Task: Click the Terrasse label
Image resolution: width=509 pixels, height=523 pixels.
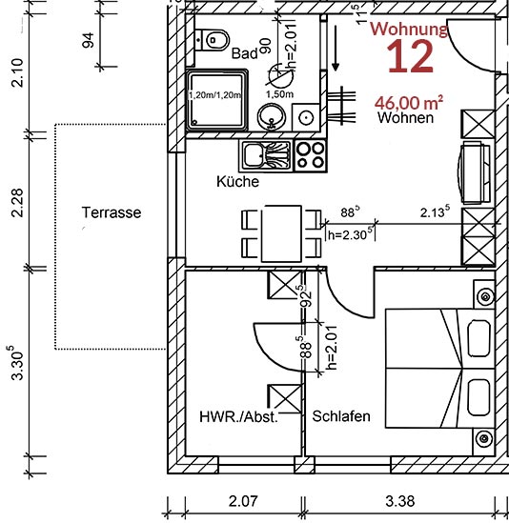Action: (111, 212)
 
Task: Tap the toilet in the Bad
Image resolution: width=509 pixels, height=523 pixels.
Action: (215, 40)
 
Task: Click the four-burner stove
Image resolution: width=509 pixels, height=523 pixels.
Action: (310, 153)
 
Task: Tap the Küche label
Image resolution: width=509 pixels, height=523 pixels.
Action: (236, 181)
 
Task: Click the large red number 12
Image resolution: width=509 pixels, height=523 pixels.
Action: (410, 59)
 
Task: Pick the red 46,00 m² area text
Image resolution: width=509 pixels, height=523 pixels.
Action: (410, 102)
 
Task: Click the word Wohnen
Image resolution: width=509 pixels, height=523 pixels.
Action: (405, 118)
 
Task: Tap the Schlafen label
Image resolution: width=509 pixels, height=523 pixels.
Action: (341, 417)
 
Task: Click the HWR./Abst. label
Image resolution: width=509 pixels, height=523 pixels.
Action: (238, 417)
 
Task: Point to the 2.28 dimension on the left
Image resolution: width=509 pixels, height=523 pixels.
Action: (13, 206)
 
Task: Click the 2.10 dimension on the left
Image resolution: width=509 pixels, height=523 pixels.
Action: (13, 72)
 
